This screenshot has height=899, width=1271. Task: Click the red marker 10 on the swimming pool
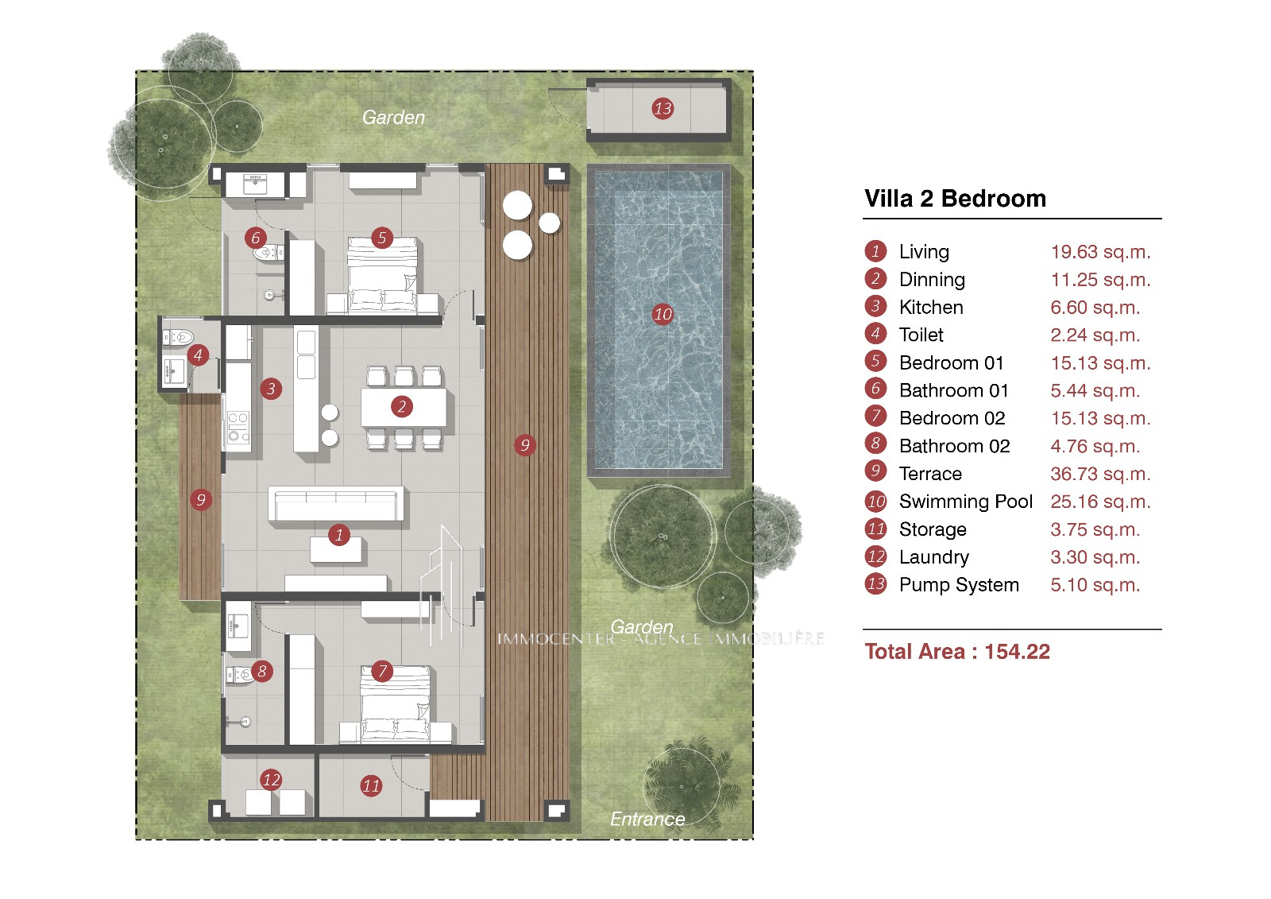point(663,314)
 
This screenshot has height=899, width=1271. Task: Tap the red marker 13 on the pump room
point(663,108)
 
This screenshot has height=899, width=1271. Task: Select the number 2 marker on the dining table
point(402,407)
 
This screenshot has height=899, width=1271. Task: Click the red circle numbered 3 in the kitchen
point(271,389)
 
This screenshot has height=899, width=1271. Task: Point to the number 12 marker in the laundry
point(271,780)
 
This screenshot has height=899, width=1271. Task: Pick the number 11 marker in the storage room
point(371,786)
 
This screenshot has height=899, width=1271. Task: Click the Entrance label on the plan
point(647,819)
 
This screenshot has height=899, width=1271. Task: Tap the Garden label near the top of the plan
point(393,117)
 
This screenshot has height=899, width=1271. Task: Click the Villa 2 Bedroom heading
point(955,198)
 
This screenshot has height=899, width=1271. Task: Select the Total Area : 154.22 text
point(957,651)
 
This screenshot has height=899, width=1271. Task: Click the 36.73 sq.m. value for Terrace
point(1100,474)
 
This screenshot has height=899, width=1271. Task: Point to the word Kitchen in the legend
point(931,308)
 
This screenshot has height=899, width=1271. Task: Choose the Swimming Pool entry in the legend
point(966,502)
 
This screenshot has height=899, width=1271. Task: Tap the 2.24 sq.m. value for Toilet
point(1095,335)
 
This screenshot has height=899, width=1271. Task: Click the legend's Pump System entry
point(959,585)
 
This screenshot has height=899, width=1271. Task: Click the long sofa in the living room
point(336,503)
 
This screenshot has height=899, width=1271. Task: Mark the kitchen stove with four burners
point(238,427)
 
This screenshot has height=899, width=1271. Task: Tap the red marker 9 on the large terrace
point(525,444)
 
